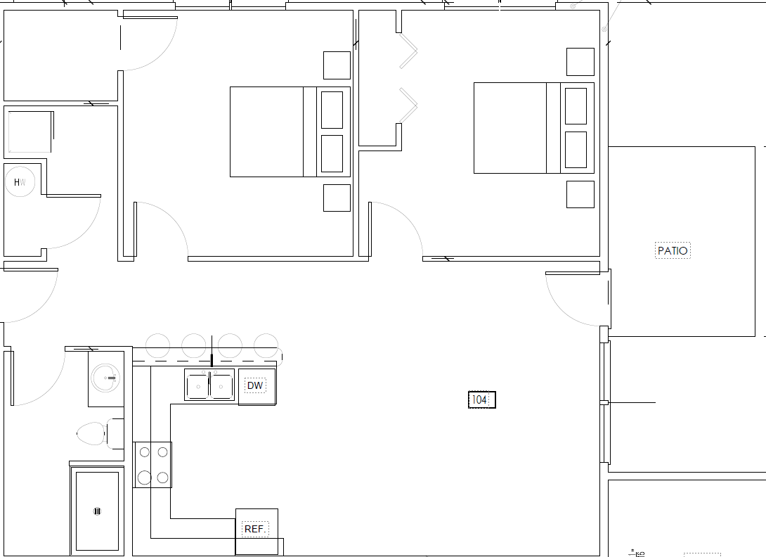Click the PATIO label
pos(673,250)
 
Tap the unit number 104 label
pos(481,400)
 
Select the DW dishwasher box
pos(257,386)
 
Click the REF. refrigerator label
pos(255,529)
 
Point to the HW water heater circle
pos(20,182)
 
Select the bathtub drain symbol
pos(97,511)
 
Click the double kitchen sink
pos(209,385)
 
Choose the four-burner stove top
pos(153,465)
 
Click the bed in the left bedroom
pos(274,132)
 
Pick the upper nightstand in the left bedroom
pos(337,65)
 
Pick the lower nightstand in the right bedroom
pos(580,194)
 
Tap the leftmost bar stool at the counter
pos(157,345)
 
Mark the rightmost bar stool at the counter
pos(266,345)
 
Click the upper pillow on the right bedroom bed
pos(576,105)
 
